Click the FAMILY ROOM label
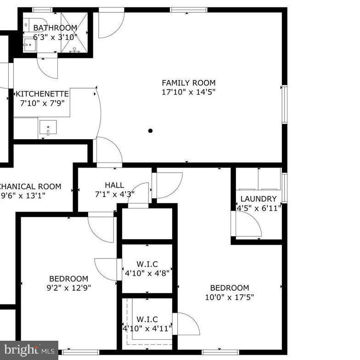tap(188, 83)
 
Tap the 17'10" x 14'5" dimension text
tap(188, 92)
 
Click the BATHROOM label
tap(55, 28)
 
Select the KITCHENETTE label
tap(42, 94)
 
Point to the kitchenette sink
tap(48, 128)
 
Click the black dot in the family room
tap(150, 131)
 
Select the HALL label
tap(114, 185)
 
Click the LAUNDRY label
tap(259, 199)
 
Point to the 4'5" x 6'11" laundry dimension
tap(259, 208)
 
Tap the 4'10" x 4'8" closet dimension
tap(146, 273)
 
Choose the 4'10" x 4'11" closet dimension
tap(146, 328)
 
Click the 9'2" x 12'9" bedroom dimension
tap(68, 288)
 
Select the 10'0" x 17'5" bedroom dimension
tap(229, 297)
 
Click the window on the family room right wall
tap(284, 104)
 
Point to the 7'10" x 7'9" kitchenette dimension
tap(42, 103)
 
